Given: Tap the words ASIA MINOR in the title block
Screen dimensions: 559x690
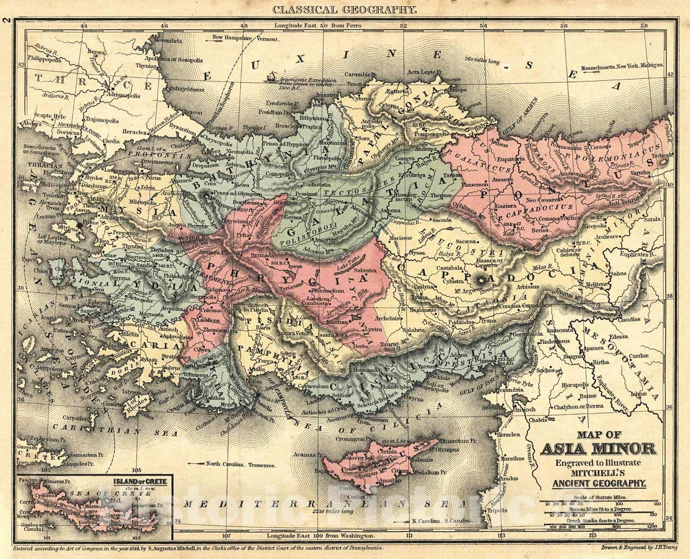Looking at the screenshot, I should pos(598,450).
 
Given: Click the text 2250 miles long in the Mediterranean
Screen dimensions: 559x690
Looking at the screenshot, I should pos(332,511).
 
